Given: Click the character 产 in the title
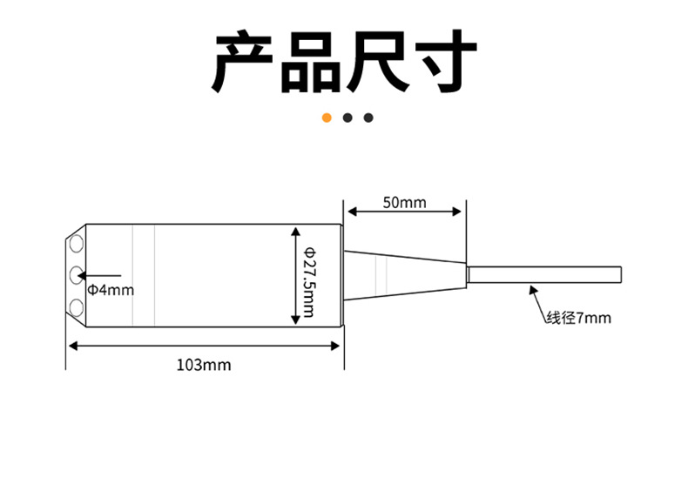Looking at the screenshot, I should click(246, 62).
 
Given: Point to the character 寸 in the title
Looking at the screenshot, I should click(443, 62).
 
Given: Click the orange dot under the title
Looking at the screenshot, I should click(327, 118).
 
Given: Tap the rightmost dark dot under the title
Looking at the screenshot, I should click(368, 118).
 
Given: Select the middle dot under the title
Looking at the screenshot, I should click(347, 118).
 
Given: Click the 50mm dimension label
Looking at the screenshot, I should click(404, 202).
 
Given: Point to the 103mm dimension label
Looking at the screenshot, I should click(204, 364).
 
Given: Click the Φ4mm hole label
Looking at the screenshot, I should click(110, 289).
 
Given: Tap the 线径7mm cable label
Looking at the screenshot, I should click(578, 318).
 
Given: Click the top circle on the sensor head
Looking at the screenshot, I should click(77, 239).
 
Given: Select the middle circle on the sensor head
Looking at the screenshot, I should click(77, 275).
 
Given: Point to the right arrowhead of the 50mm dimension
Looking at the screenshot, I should click(457, 212).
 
